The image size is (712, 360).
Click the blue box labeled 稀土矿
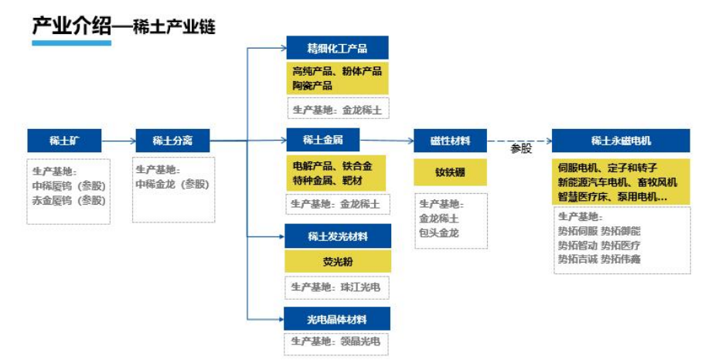pos(64,141)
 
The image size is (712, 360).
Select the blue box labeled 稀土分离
pos(172,141)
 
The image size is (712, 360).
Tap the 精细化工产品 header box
pos(337,48)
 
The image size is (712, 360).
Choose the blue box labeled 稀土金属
pos(323,140)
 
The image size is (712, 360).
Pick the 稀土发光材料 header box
pos(338,236)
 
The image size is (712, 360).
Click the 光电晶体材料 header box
pos(337,319)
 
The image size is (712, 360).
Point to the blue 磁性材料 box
pos(450,141)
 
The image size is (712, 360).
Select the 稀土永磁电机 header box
pos(621,141)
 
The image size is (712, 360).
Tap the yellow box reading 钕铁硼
pos(450,172)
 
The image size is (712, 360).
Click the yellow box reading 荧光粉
pos(338,261)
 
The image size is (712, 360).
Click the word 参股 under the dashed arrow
pos(521,149)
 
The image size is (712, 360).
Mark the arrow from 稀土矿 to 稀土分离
pos(118,141)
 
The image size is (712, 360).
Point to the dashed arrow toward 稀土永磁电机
pos(519,141)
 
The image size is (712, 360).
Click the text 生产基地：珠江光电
pos(336,287)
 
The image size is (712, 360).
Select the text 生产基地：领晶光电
pos(336,341)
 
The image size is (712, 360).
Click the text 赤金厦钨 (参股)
pos(69,200)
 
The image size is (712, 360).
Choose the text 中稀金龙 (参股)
pos(172,184)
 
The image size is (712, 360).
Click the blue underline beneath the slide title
pos(71,43)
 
